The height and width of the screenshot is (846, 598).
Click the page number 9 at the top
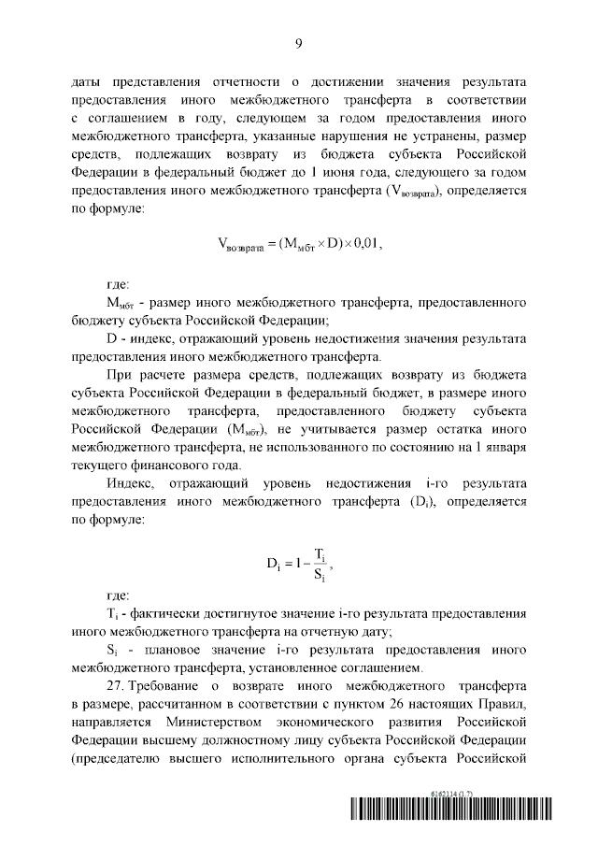[x=298, y=44]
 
